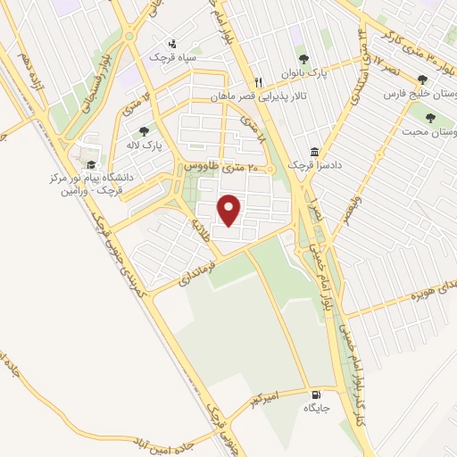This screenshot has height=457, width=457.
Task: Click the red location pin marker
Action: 231,210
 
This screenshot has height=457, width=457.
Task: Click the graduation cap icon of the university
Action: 90,164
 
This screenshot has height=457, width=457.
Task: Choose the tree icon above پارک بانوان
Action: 302,59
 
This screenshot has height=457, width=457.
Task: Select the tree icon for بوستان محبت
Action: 430,118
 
